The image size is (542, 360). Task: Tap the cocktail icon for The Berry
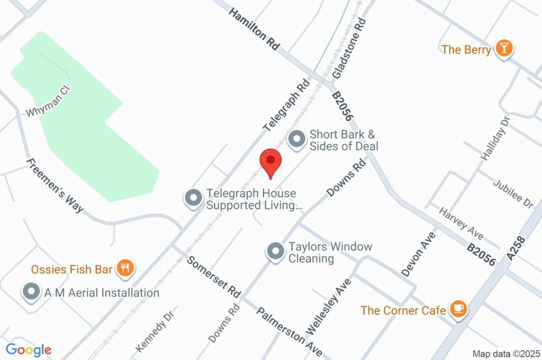tap(504, 49)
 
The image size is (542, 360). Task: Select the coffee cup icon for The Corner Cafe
tap(458, 309)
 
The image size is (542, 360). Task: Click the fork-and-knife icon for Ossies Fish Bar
tap(125, 268)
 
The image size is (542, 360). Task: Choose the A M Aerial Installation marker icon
tap(32, 292)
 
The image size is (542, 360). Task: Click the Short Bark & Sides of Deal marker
tap(296, 139)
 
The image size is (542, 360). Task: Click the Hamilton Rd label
tap(254, 29)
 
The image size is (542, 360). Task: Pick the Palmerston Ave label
tap(290, 331)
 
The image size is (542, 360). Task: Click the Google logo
tap(29, 349)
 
